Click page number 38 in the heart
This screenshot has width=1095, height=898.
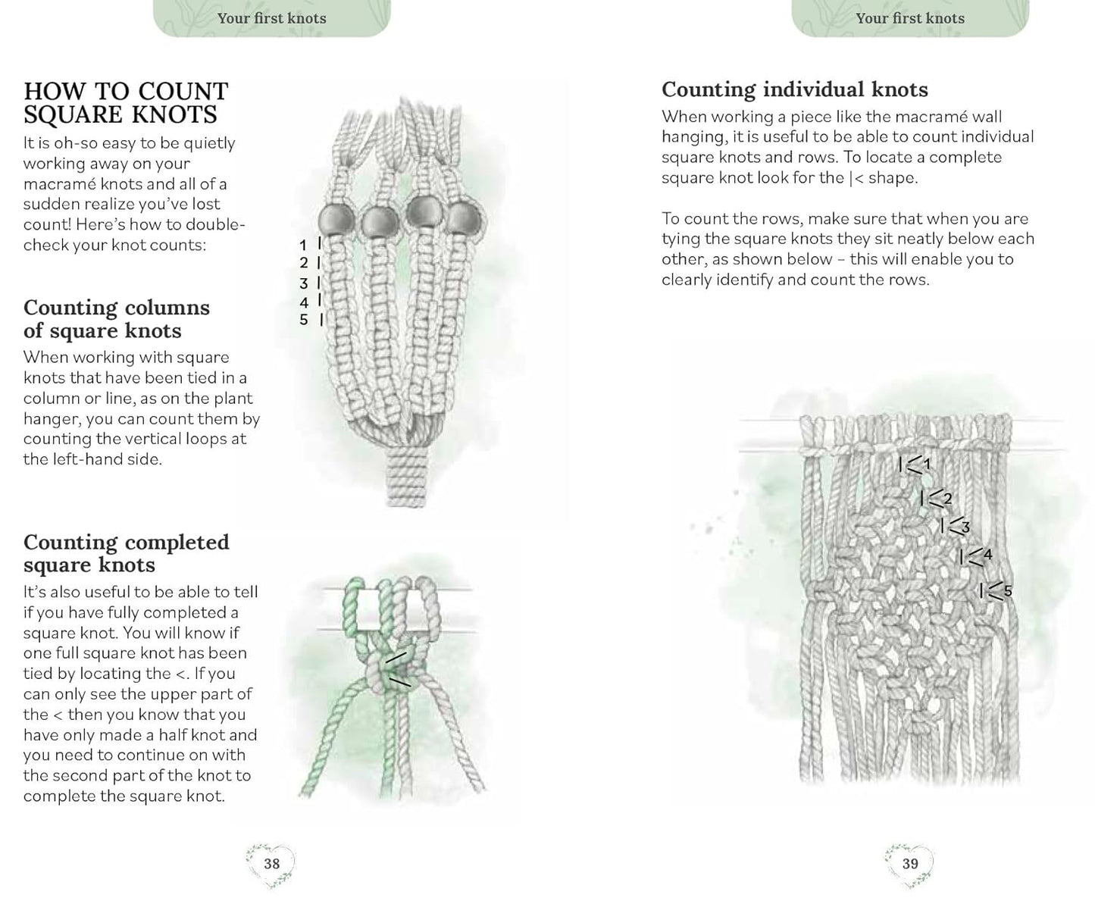click(x=271, y=863)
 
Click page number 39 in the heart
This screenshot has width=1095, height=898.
click(x=910, y=863)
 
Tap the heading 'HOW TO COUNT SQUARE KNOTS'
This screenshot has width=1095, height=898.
click(x=126, y=103)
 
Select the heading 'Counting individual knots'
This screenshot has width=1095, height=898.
click(x=794, y=89)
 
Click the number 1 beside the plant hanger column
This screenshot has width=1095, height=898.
click(x=303, y=245)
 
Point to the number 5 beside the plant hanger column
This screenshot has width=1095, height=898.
click(x=303, y=320)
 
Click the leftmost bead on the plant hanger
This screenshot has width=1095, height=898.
click(x=336, y=221)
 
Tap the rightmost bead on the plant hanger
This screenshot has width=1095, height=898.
click(x=464, y=219)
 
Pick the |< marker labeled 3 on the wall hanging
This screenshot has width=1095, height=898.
click(x=954, y=526)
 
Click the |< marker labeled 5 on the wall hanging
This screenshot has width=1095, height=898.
click(x=995, y=590)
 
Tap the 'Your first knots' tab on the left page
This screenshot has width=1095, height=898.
click(x=271, y=18)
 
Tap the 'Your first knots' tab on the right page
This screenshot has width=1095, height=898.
click(x=910, y=18)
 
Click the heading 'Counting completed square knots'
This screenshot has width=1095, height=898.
click(x=126, y=553)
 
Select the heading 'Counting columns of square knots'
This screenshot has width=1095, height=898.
click(x=116, y=319)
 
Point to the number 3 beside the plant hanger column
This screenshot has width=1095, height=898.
click(x=303, y=283)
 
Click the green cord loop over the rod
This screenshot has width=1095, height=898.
click(x=354, y=599)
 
